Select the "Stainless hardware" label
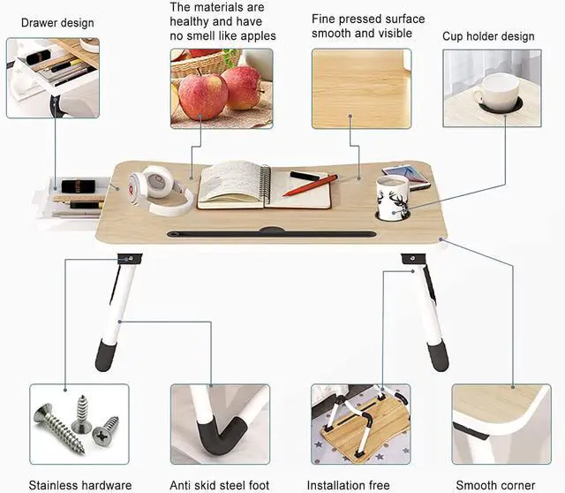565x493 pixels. pyautogui.click(x=79, y=485)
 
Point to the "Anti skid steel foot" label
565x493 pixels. pyautogui.click(x=220, y=485)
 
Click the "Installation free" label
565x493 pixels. pyautogui.click(x=348, y=485)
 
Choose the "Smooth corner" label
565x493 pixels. pyautogui.click(x=495, y=485)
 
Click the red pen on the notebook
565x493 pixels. pyautogui.click(x=310, y=185)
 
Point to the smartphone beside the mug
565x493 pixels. pyautogui.click(x=406, y=176)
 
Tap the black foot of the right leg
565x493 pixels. pyautogui.click(x=438, y=357)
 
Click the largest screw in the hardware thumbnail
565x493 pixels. pyautogui.click(x=58, y=428)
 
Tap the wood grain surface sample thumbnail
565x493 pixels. pyautogui.click(x=361, y=88)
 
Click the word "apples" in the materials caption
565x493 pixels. pyautogui.click(x=257, y=36)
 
